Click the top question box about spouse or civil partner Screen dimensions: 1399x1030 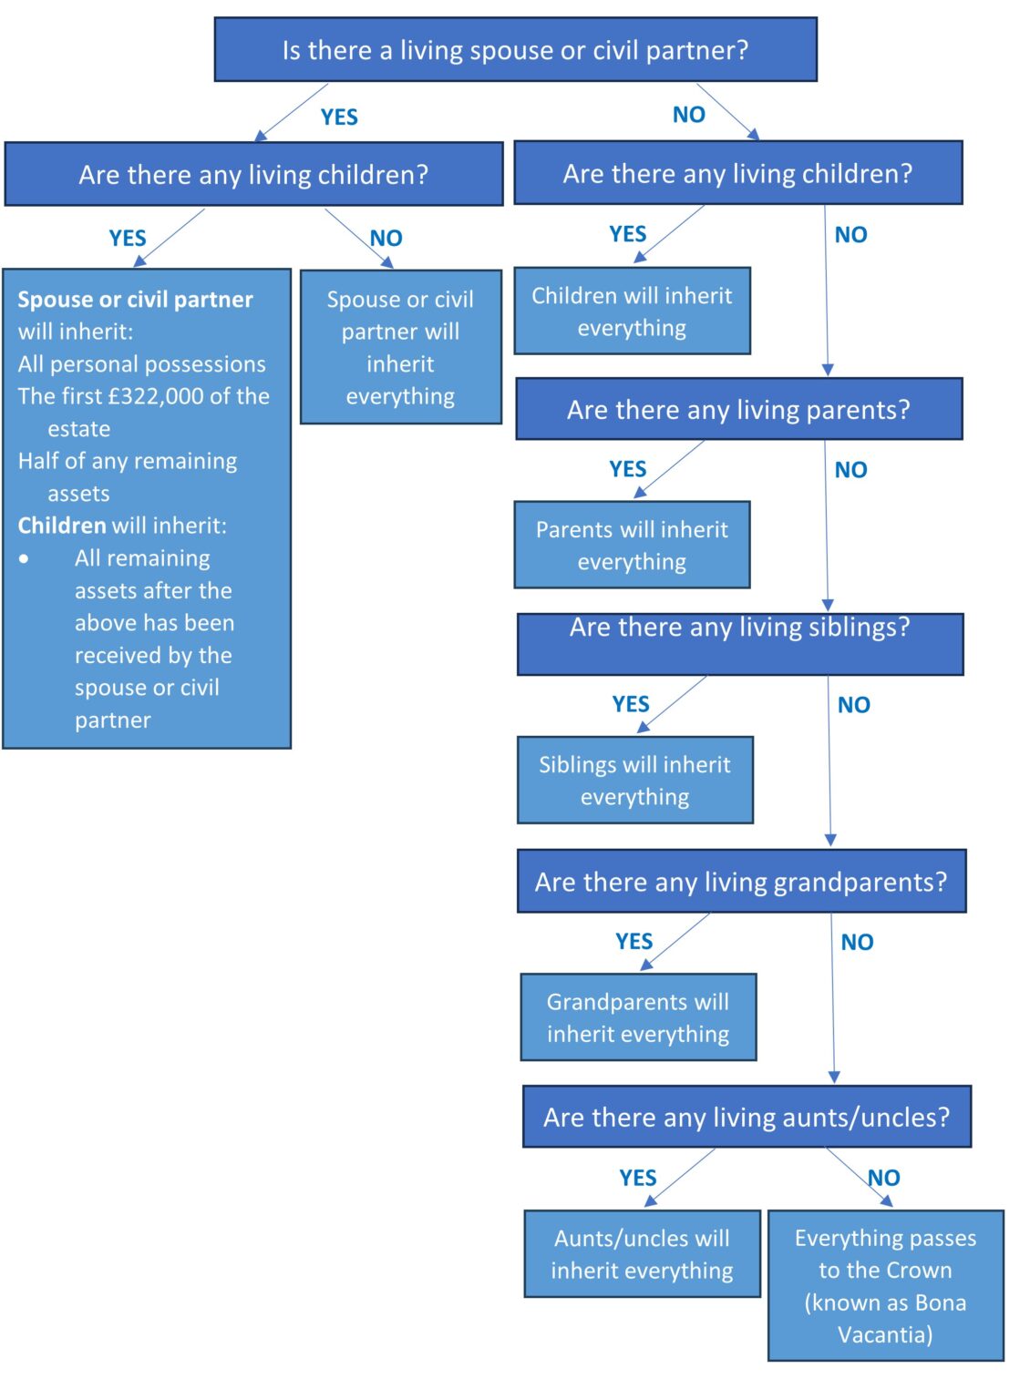coord(515,50)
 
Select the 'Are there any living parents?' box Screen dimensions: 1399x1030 coord(738,409)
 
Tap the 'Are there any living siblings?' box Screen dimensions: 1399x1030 coord(739,643)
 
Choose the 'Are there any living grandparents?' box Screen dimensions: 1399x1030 coord(741,881)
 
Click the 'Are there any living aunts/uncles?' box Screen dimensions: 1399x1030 coord(747,1117)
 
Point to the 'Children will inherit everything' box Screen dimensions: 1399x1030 coord(632,311)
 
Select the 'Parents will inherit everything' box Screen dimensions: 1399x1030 coord(632,545)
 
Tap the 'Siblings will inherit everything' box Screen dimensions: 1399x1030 coord(634,780)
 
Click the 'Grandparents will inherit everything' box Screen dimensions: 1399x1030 coord(638,1017)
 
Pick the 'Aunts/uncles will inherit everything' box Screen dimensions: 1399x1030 coord(642,1253)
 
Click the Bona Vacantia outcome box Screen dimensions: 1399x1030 coord(885,1285)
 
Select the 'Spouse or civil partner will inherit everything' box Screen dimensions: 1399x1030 coord(400,347)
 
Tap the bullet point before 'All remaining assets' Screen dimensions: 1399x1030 coord(24,558)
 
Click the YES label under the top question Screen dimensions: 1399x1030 coord(339,117)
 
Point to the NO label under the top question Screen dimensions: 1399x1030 coord(689,115)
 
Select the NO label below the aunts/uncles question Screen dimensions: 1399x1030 coord(883,1178)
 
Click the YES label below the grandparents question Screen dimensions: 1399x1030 coord(633,941)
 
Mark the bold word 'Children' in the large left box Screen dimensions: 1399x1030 coord(62,526)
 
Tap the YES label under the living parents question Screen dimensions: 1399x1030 coord(628,469)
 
